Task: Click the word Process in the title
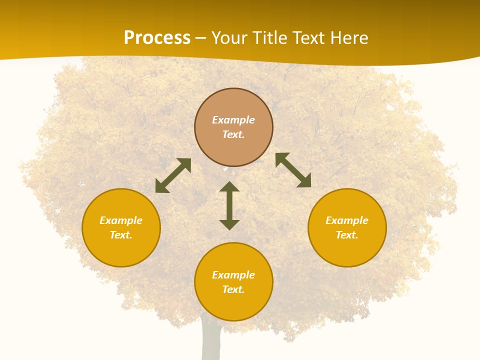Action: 157,38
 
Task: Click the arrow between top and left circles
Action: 173,175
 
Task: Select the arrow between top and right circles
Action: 293,170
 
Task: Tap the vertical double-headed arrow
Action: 229,205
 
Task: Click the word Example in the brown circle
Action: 233,120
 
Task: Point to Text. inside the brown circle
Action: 233,134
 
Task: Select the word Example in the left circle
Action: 121,220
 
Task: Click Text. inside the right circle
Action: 347,235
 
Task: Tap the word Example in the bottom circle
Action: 233,275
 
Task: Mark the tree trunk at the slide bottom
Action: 211,342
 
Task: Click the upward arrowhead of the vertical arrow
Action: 229,186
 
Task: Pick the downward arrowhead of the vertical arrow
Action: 229,224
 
